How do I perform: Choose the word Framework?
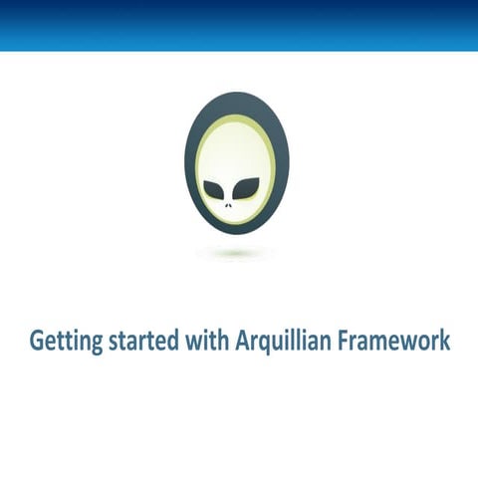392,341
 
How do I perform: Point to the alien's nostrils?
230,205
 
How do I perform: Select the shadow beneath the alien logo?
234,253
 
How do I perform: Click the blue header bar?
239,25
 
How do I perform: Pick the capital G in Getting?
37,341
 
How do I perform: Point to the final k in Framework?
445,341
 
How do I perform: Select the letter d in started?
172,341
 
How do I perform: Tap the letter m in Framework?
383,343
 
